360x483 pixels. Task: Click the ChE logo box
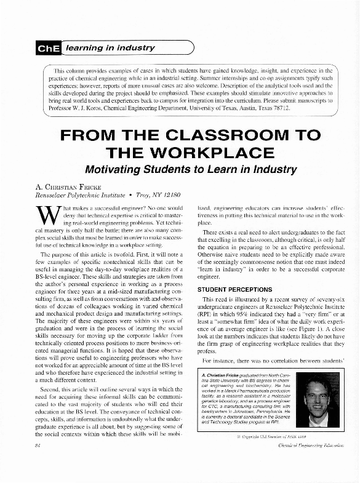(49, 46)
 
